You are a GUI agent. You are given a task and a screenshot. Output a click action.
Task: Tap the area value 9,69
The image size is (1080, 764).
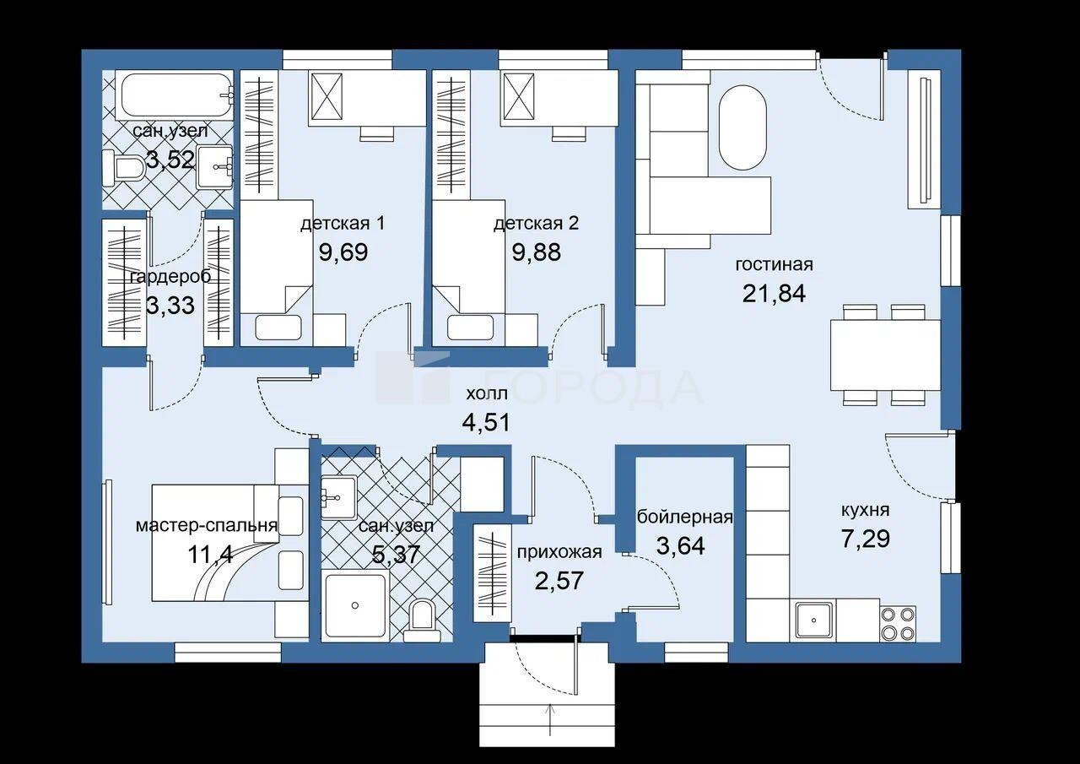[343, 252]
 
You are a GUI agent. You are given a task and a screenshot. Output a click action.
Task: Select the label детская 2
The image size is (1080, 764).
[536, 224]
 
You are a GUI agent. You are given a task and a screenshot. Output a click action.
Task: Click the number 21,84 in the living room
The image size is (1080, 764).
[774, 293]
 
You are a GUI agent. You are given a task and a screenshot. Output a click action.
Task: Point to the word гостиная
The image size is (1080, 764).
[775, 264]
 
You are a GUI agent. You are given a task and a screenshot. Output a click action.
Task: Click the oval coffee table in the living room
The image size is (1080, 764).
[742, 127]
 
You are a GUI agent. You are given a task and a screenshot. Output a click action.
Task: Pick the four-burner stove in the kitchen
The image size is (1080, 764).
[897, 623]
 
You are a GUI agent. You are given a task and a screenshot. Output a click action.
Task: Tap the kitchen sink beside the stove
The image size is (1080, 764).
[814, 620]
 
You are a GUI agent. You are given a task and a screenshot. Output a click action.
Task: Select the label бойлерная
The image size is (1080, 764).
[684, 517]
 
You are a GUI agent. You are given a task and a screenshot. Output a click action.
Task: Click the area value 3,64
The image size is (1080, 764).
[681, 545]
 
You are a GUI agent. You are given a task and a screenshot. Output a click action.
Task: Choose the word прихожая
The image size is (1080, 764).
[559, 553]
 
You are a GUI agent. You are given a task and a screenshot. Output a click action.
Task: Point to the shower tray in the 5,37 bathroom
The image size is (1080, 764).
[355, 605]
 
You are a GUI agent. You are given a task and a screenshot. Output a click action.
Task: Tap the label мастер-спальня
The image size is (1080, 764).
[207, 525]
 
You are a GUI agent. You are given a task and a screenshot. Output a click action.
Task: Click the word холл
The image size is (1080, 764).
[487, 394]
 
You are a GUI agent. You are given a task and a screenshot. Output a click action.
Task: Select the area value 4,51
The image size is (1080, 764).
[486, 422]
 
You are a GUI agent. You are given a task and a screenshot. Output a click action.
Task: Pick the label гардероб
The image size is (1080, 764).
[170, 278]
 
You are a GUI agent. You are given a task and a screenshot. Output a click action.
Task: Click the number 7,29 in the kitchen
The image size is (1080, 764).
[866, 538]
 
